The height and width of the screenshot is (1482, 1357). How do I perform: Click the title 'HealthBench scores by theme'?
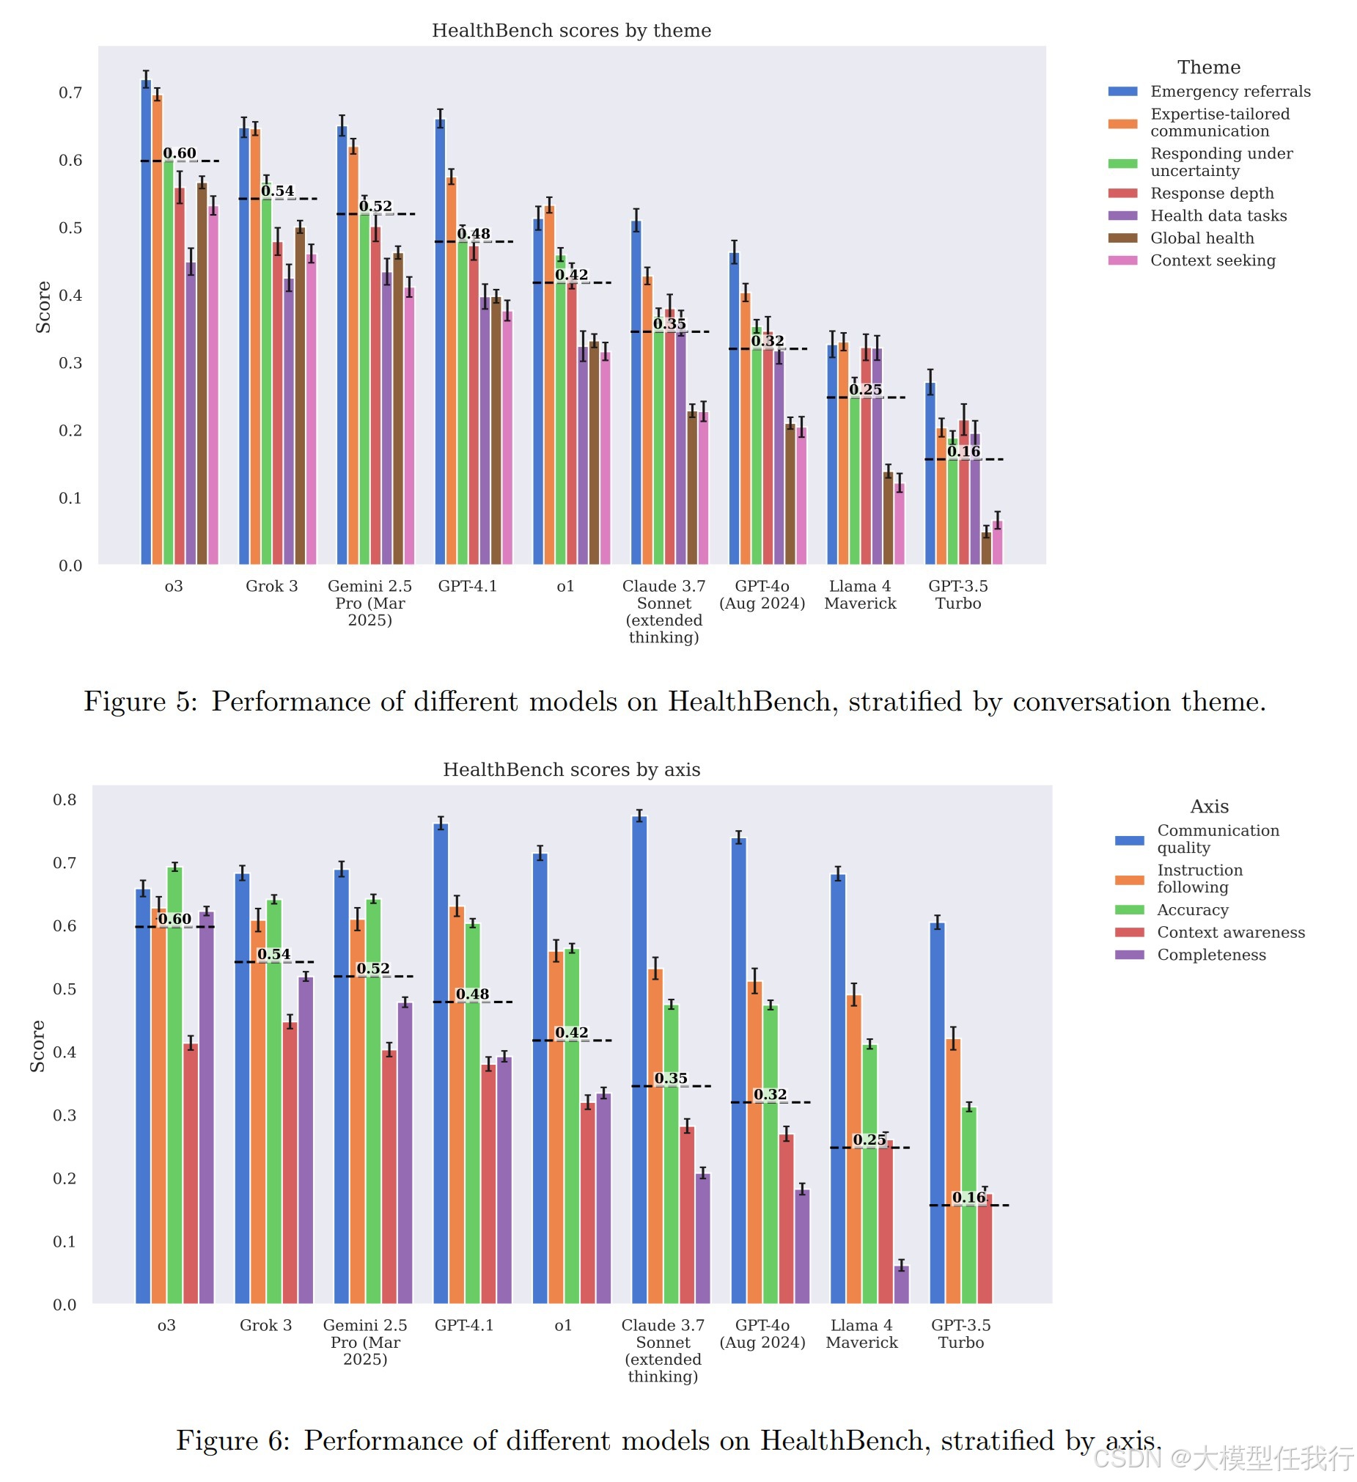[x=572, y=30]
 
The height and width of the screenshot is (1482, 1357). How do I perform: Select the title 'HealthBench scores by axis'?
[x=572, y=770]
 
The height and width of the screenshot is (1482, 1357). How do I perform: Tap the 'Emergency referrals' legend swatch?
[x=1123, y=91]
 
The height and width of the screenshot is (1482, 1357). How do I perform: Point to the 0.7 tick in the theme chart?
[x=70, y=92]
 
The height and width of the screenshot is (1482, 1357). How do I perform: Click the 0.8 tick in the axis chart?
[x=65, y=800]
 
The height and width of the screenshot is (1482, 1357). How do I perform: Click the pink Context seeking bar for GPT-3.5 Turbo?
[x=998, y=543]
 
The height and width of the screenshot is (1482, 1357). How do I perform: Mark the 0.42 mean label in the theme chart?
[x=572, y=275]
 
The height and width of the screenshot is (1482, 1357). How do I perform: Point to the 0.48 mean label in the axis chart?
[x=473, y=994]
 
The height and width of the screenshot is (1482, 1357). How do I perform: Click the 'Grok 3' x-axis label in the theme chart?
[x=272, y=586]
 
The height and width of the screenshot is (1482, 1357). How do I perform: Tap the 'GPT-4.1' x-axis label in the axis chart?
[x=465, y=1324]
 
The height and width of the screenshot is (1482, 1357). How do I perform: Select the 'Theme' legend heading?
[x=1209, y=67]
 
